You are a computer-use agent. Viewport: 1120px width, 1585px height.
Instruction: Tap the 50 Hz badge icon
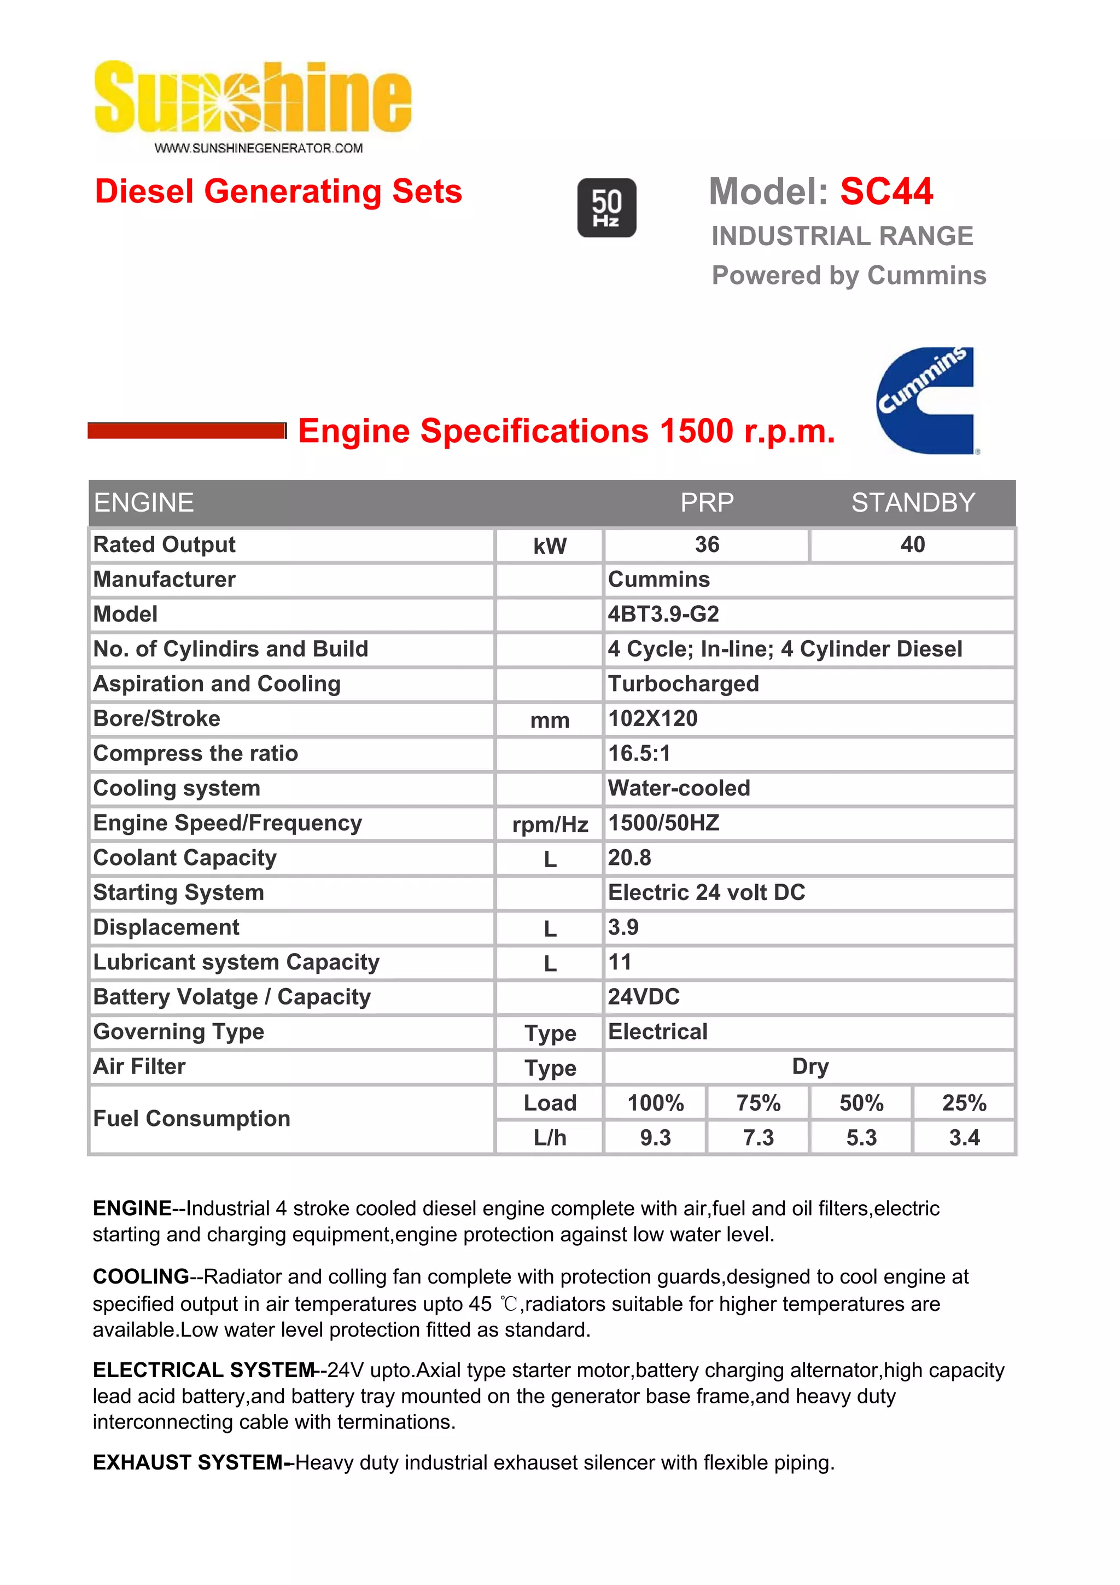click(x=606, y=208)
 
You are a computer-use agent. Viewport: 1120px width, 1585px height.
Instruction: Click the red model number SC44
click(x=886, y=191)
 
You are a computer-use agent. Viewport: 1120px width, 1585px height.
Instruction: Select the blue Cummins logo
click(x=925, y=400)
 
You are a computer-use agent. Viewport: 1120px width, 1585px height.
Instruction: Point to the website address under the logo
click(x=258, y=148)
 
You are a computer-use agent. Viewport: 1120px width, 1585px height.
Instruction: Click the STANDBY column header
click(x=912, y=503)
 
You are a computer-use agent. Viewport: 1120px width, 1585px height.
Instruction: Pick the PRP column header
click(x=707, y=503)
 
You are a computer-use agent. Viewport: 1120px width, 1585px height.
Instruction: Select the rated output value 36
click(x=707, y=545)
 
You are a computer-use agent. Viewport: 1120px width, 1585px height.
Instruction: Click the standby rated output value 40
click(x=912, y=545)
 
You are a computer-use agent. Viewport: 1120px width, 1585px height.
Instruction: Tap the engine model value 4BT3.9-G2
click(x=663, y=614)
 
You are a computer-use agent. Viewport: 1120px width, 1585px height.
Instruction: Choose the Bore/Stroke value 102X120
click(x=653, y=718)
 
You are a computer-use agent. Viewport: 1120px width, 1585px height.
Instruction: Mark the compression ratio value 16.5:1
click(x=639, y=753)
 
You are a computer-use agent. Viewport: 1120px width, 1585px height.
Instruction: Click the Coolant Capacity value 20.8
click(x=629, y=857)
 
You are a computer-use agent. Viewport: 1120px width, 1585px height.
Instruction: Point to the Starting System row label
click(x=179, y=892)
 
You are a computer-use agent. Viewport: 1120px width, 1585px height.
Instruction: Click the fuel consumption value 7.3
click(x=758, y=1137)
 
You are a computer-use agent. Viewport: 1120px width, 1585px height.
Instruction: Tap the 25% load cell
click(x=964, y=1103)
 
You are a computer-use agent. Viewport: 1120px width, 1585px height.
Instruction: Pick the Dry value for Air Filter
click(x=809, y=1066)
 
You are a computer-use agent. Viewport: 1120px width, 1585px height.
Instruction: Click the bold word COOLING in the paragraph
click(x=141, y=1276)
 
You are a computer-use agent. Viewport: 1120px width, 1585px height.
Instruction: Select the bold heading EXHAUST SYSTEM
click(x=188, y=1462)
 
